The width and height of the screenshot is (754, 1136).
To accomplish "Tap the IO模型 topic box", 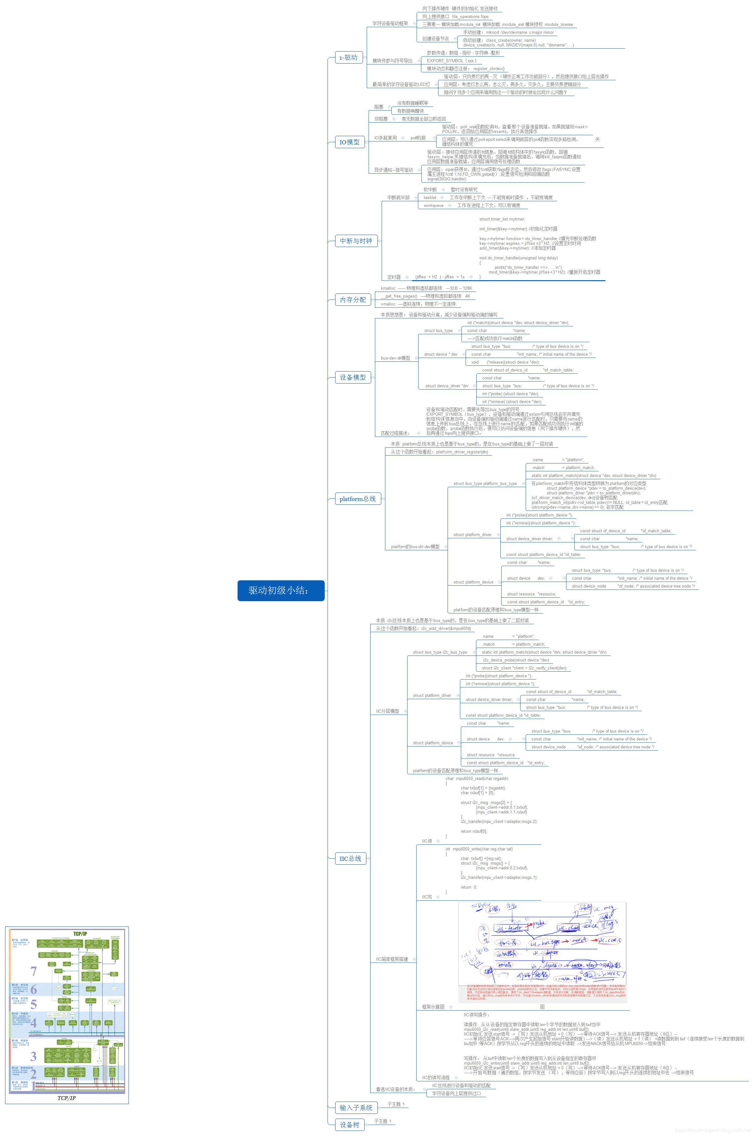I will point(350,142).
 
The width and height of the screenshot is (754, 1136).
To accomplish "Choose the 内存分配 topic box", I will point(353,299).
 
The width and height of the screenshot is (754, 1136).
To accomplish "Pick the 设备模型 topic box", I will point(353,378).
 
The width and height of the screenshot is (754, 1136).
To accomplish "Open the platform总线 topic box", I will point(357,499).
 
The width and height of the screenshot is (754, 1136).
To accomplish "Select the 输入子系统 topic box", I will point(356,1108).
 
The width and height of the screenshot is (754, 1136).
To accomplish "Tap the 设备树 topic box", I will point(350,1125).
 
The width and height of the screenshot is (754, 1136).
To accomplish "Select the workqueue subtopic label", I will point(433,205).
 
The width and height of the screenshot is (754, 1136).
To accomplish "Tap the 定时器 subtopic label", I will point(394,277).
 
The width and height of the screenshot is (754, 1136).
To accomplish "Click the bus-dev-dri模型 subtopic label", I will point(395,358).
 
